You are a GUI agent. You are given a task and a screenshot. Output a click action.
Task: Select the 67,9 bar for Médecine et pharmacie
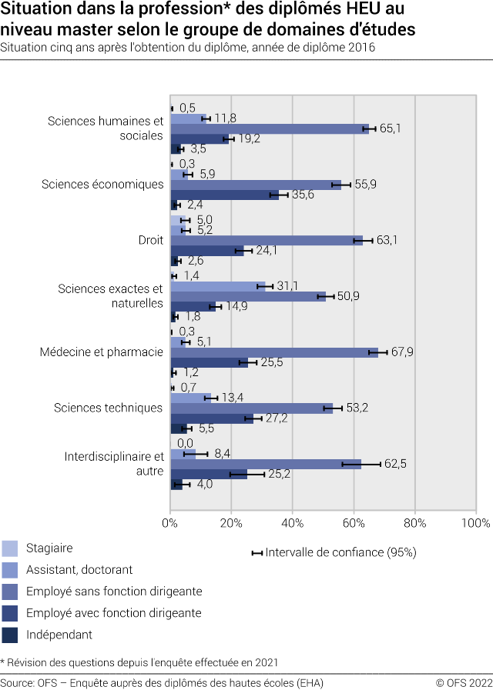273,352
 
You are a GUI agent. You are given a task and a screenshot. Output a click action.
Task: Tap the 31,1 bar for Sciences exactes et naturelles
217,286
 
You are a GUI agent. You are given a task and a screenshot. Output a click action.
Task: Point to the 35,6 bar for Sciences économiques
224,195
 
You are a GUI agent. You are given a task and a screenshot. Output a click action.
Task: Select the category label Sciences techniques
108,408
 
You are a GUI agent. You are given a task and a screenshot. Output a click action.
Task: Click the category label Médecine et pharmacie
101,352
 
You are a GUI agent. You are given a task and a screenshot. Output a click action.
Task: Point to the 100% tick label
475,523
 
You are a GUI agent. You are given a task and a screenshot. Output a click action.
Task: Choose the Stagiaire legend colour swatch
10,548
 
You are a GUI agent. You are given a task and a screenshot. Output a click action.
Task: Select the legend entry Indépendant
59,635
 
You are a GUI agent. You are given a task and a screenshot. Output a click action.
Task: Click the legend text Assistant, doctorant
79,570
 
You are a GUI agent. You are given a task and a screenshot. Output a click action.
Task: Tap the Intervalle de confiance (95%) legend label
340,552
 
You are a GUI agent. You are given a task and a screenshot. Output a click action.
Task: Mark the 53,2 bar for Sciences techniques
251,408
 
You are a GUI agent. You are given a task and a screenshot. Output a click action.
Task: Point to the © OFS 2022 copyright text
464,683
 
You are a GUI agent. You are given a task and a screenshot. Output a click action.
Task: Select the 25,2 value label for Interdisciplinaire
281,474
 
